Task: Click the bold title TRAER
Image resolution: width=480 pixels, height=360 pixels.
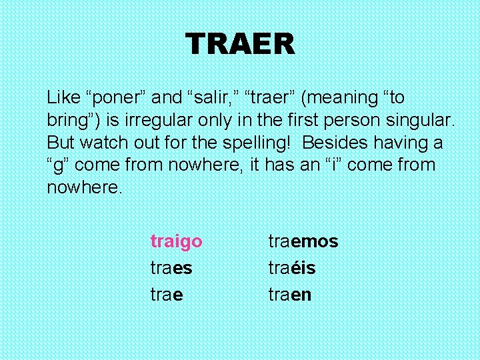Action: [x=240, y=45]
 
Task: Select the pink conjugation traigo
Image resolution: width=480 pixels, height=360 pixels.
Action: [x=176, y=241]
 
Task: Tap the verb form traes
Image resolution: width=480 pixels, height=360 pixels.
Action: [x=171, y=268]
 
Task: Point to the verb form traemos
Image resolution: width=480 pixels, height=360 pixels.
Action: [x=303, y=241]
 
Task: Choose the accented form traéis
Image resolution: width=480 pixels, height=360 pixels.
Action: [x=292, y=268]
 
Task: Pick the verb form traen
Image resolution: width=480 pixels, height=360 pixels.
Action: [x=289, y=295]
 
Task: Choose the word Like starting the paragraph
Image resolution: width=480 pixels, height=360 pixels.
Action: [x=61, y=98]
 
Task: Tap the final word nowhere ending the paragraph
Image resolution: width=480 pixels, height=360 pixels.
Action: [x=84, y=187]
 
